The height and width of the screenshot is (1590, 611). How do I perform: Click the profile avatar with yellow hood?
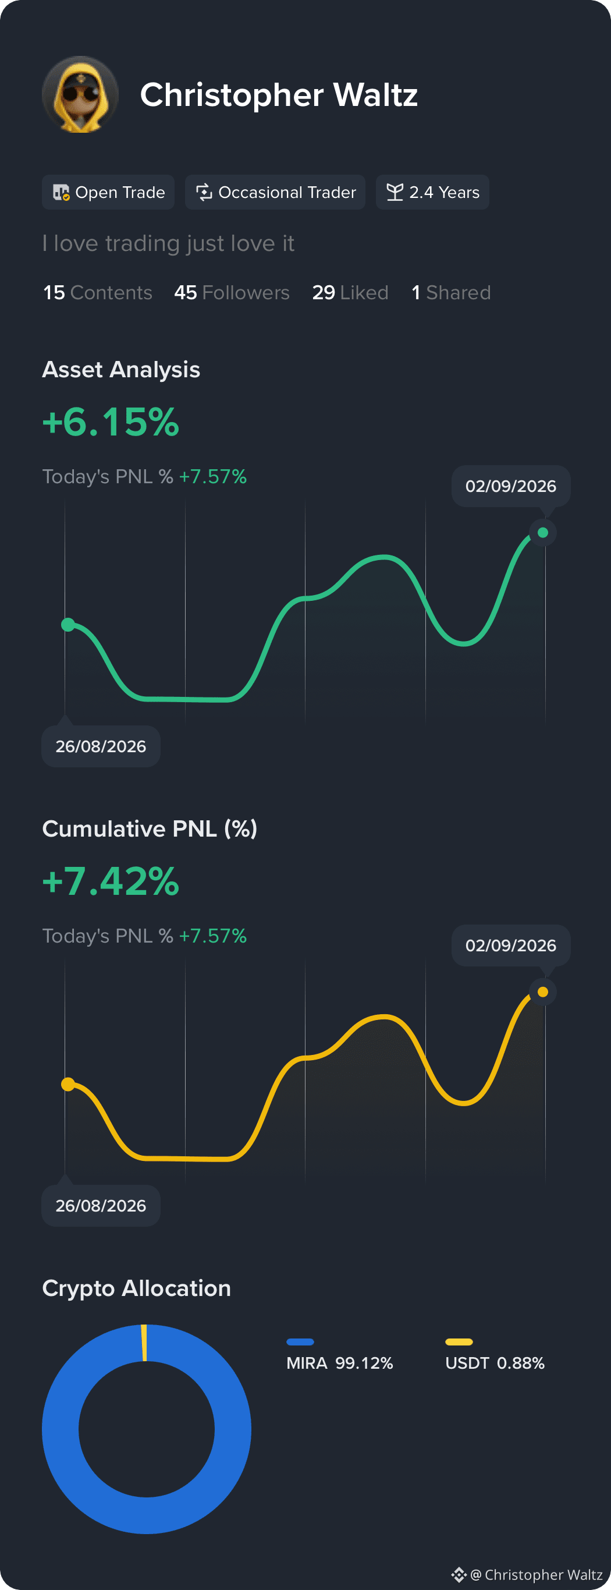(80, 94)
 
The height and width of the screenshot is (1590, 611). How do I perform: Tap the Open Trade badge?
(108, 192)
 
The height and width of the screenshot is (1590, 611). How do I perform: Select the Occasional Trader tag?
(275, 192)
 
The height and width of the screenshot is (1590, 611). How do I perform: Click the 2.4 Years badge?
(432, 192)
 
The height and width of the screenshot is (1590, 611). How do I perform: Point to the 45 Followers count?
(232, 293)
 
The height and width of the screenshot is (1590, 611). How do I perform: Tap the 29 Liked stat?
(350, 293)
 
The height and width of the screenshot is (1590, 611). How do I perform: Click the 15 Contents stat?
(98, 293)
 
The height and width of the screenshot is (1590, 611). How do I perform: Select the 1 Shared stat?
(451, 293)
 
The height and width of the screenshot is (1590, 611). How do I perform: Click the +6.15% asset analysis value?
(111, 422)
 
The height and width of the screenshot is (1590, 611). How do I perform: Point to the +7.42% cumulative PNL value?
(111, 881)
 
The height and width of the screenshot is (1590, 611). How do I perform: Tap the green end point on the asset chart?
(543, 533)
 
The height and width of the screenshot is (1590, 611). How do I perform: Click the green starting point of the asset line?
(68, 625)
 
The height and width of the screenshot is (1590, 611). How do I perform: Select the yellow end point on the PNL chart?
(543, 992)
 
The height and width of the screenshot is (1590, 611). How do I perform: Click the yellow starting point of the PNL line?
(68, 1084)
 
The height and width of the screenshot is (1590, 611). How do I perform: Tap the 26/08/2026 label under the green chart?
(101, 746)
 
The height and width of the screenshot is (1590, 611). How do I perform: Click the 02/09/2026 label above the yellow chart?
(511, 945)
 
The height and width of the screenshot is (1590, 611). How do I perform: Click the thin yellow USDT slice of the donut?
(144, 1343)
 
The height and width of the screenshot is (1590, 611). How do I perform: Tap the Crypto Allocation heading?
(136, 1288)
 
